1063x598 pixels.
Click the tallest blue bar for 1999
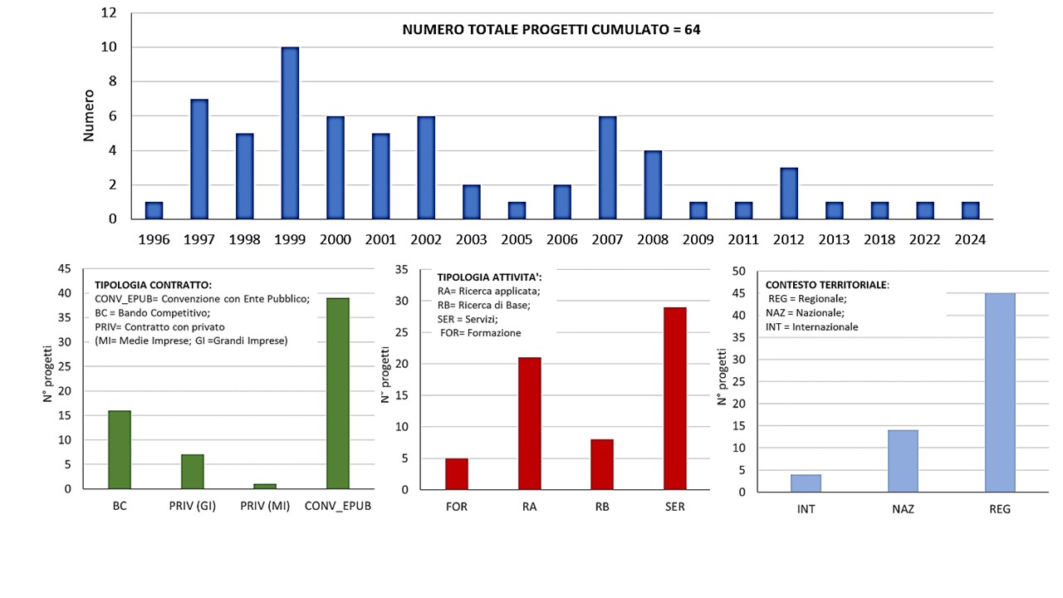290,134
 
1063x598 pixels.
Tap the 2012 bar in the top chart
788,194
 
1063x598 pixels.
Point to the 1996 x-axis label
154,240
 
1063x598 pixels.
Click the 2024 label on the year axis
970,240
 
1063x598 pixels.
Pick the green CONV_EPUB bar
338,394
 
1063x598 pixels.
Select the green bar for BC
120,449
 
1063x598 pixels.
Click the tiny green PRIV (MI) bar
265,486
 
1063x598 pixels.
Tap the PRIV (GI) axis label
192,507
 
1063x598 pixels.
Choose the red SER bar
675,399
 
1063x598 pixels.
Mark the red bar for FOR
457,473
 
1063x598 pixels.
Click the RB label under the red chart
602,507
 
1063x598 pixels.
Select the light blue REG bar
1000,392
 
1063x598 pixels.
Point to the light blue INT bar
806,483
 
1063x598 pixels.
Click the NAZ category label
903,509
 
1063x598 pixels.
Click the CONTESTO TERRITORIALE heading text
826,284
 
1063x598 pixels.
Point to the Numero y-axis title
89,115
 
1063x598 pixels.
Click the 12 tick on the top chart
108,13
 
